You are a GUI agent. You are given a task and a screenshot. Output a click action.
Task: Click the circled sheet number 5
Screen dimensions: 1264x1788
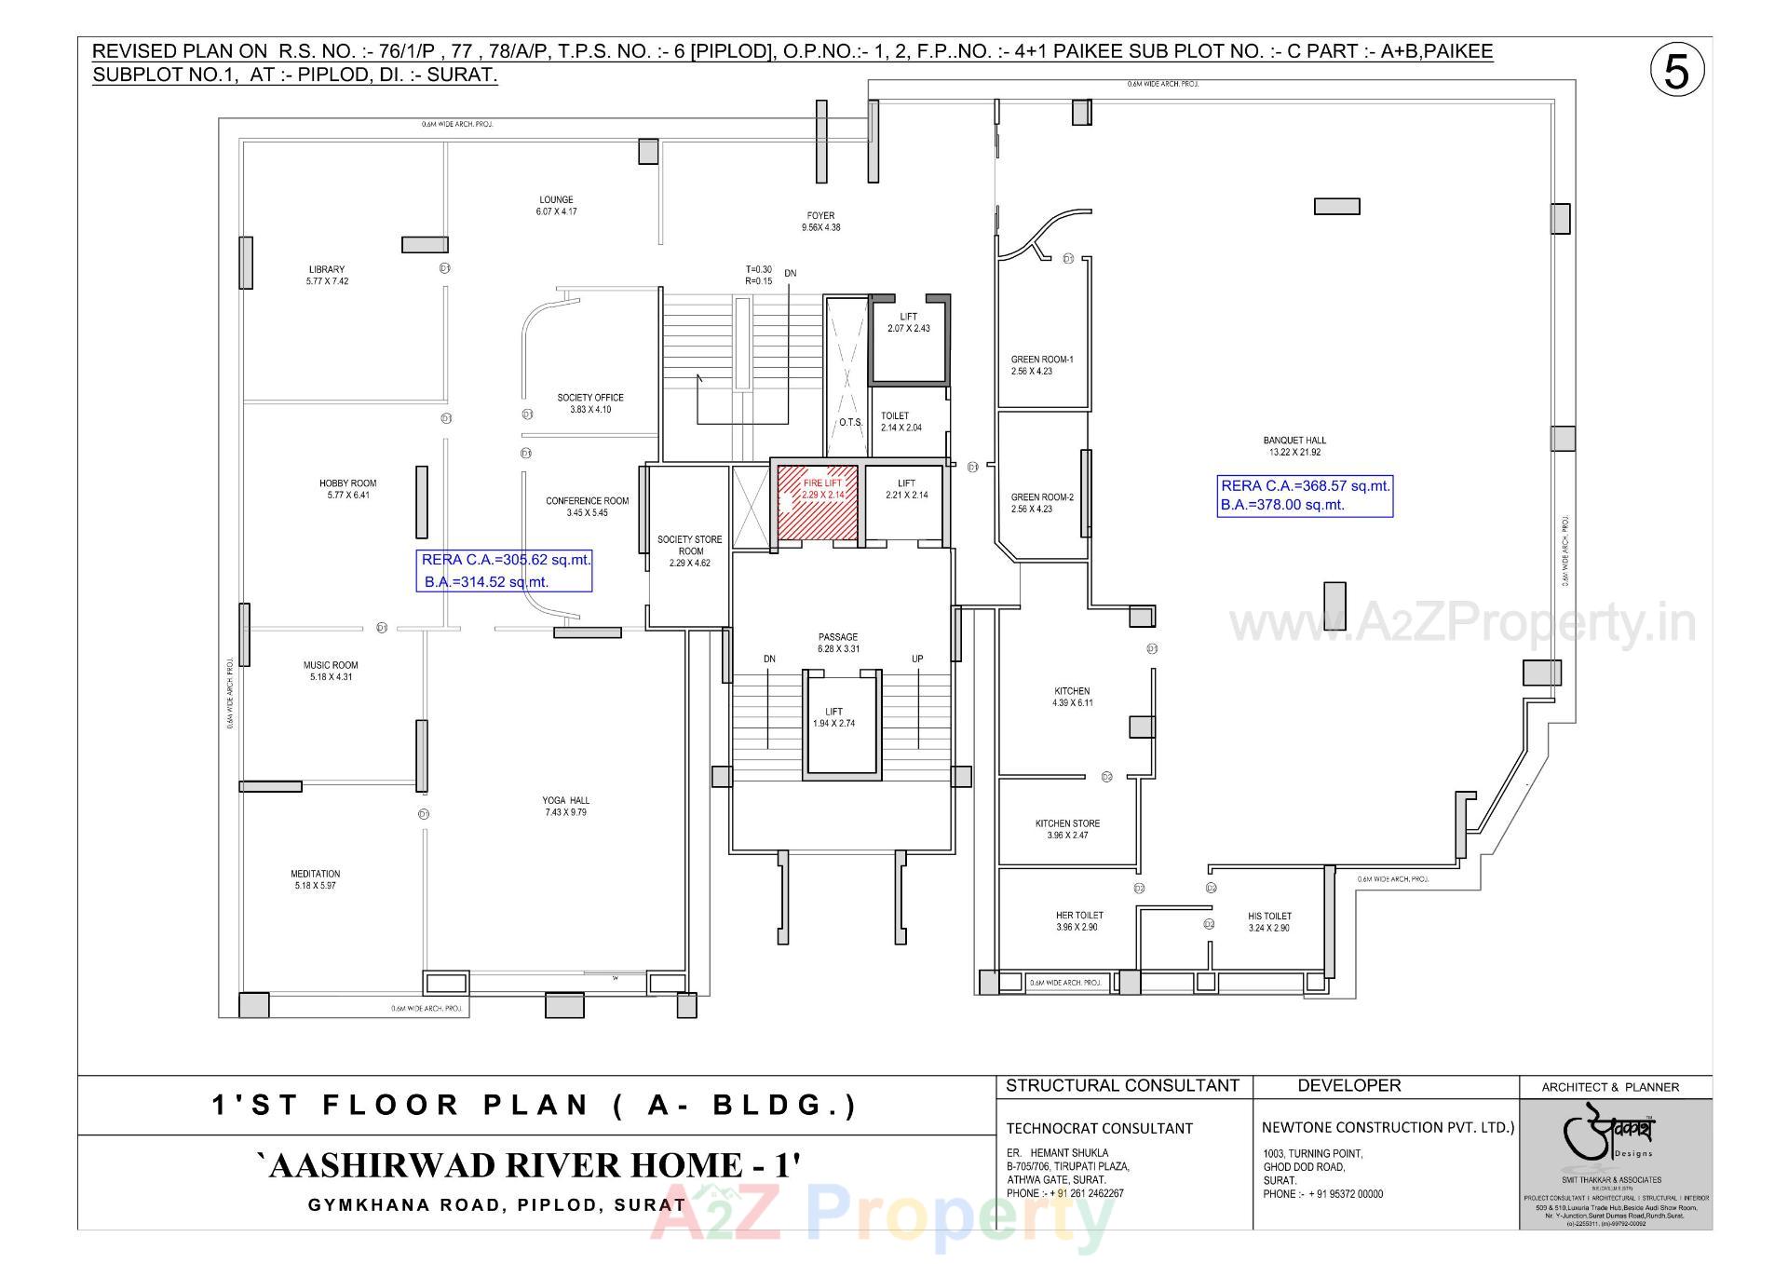[1676, 72]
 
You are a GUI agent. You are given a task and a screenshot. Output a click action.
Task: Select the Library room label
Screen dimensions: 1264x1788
[327, 275]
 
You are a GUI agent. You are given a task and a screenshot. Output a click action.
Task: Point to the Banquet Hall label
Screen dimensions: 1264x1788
[1294, 446]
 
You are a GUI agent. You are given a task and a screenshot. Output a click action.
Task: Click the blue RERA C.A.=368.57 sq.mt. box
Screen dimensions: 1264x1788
[1305, 496]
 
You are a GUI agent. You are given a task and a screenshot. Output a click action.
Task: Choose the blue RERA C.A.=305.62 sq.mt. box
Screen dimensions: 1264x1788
[504, 571]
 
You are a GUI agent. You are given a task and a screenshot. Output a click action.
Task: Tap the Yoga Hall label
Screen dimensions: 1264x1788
[566, 806]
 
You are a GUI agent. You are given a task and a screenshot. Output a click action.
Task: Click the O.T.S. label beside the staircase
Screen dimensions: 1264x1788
[850, 422]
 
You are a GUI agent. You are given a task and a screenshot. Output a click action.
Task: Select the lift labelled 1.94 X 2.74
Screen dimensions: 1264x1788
[833, 717]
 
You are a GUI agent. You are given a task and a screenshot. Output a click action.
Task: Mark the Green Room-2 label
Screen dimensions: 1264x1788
[1042, 503]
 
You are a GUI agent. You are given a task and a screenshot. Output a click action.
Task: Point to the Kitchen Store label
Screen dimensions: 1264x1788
[1067, 829]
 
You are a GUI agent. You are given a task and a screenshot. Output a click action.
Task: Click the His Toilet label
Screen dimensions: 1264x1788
[1269, 921]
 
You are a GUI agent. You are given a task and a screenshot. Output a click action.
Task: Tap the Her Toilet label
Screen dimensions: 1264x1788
[1079, 921]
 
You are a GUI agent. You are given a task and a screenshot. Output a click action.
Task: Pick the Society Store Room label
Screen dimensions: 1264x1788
[689, 550]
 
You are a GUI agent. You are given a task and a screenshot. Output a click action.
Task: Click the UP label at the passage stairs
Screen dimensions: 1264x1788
[917, 659]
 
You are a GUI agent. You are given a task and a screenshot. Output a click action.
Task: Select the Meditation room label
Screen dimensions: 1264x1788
[316, 879]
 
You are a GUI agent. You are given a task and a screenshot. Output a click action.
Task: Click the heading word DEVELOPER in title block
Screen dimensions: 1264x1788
[1348, 1085]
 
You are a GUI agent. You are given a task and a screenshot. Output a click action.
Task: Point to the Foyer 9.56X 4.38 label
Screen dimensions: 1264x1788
[820, 221]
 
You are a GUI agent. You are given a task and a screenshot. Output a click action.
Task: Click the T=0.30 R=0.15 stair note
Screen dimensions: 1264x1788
[758, 275]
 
